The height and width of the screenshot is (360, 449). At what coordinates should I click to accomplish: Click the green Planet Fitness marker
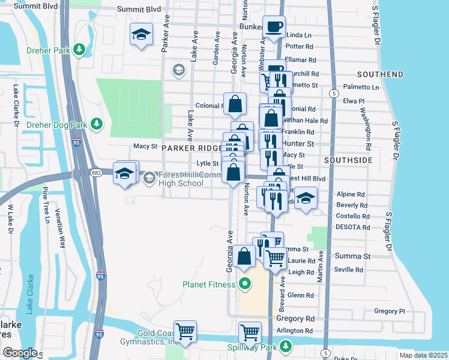click(244, 284)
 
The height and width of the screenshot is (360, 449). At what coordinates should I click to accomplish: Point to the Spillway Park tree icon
click(286, 346)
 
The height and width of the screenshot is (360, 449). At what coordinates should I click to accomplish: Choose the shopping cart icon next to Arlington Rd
click(250, 332)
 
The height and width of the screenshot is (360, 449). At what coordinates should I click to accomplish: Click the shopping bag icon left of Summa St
click(244, 257)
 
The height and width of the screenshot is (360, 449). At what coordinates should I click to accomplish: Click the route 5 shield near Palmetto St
click(332, 94)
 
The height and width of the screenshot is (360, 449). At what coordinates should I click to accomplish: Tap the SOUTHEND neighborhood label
click(379, 74)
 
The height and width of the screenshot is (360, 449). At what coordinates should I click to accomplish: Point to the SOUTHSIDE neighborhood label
click(348, 161)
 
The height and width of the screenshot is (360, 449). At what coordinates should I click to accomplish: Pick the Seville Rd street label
click(349, 270)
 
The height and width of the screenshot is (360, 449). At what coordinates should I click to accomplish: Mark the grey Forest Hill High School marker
click(149, 177)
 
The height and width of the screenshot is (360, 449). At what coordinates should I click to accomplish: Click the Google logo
click(20, 353)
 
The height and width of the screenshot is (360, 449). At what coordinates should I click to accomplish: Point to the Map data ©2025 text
click(423, 355)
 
